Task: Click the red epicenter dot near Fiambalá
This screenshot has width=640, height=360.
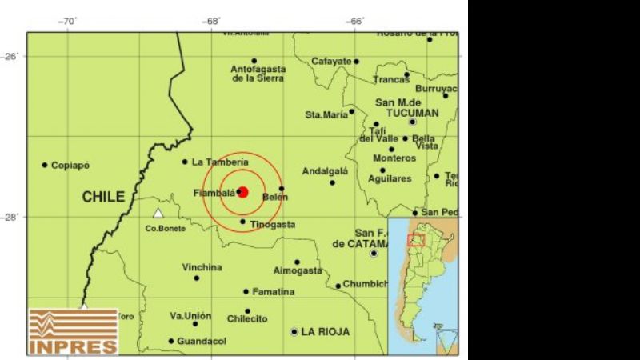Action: tap(243, 191)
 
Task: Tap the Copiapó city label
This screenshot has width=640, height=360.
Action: tap(70, 166)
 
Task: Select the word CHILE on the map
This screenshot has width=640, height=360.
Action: tap(103, 197)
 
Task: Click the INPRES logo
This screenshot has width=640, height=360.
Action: tap(73, 332)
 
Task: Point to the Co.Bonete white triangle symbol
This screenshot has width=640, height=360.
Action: tap(158, 214)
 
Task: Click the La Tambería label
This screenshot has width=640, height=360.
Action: tap(220, 162)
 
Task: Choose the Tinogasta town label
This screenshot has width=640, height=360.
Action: tap(272, 225)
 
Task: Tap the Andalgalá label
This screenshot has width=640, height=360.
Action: tap(325, 171)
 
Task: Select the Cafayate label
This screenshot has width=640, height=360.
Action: tap(331, 61)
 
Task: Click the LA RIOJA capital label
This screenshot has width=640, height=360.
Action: tap(326, 331)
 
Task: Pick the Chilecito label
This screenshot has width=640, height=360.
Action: tap(246, 319)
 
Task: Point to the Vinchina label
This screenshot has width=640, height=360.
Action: tap(202, 267)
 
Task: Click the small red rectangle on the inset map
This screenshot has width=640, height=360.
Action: tap(416, 240)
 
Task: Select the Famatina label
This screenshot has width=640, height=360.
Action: tap(274, 292)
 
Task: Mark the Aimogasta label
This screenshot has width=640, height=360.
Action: tap(297, 271)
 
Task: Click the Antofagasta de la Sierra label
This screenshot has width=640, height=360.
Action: tap(258, 74)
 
